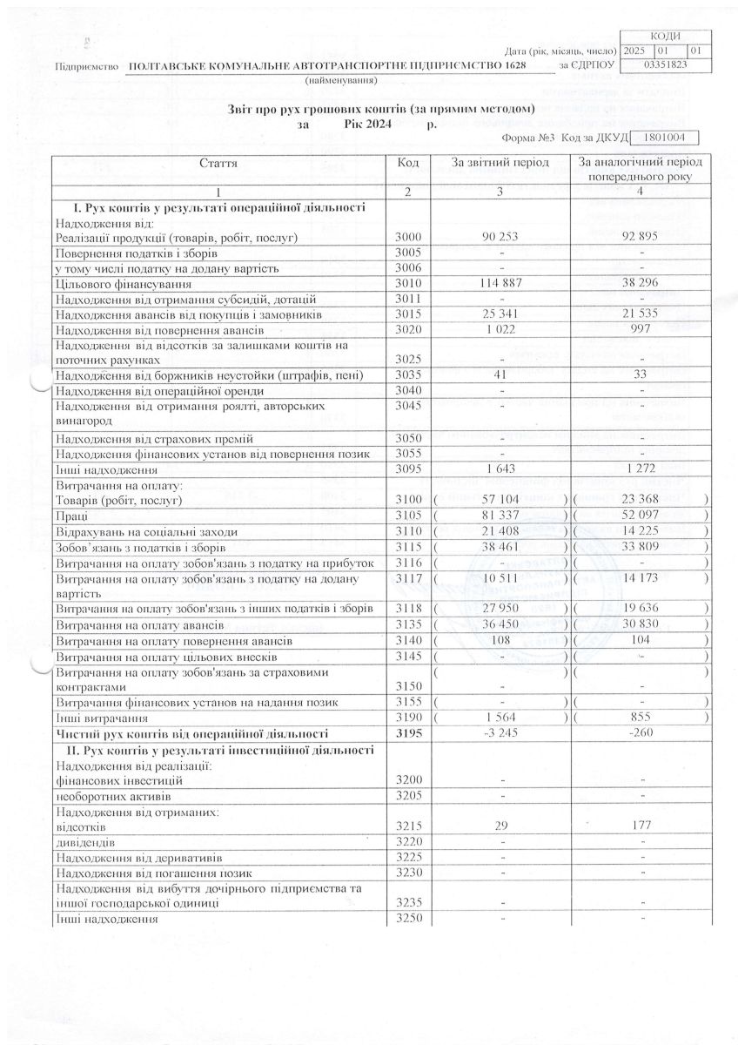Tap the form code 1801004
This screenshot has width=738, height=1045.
(x=662, y=138)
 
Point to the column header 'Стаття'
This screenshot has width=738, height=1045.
(x=218, y=163)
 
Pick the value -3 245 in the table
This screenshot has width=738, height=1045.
(x=500, y=734)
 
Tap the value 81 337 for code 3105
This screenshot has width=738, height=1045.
(x=500, y=516)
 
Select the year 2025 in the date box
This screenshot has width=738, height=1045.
(x=635, y=50)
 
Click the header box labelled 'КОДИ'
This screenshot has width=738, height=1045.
(x=665, y=35)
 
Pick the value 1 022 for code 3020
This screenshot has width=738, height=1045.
(x=500, y=330)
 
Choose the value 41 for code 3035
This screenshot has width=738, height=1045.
(x=500, y=375)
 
